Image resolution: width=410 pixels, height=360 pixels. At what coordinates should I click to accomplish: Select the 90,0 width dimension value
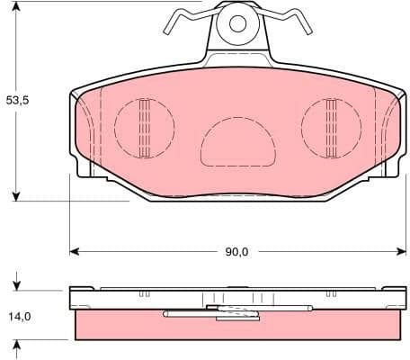236,252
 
